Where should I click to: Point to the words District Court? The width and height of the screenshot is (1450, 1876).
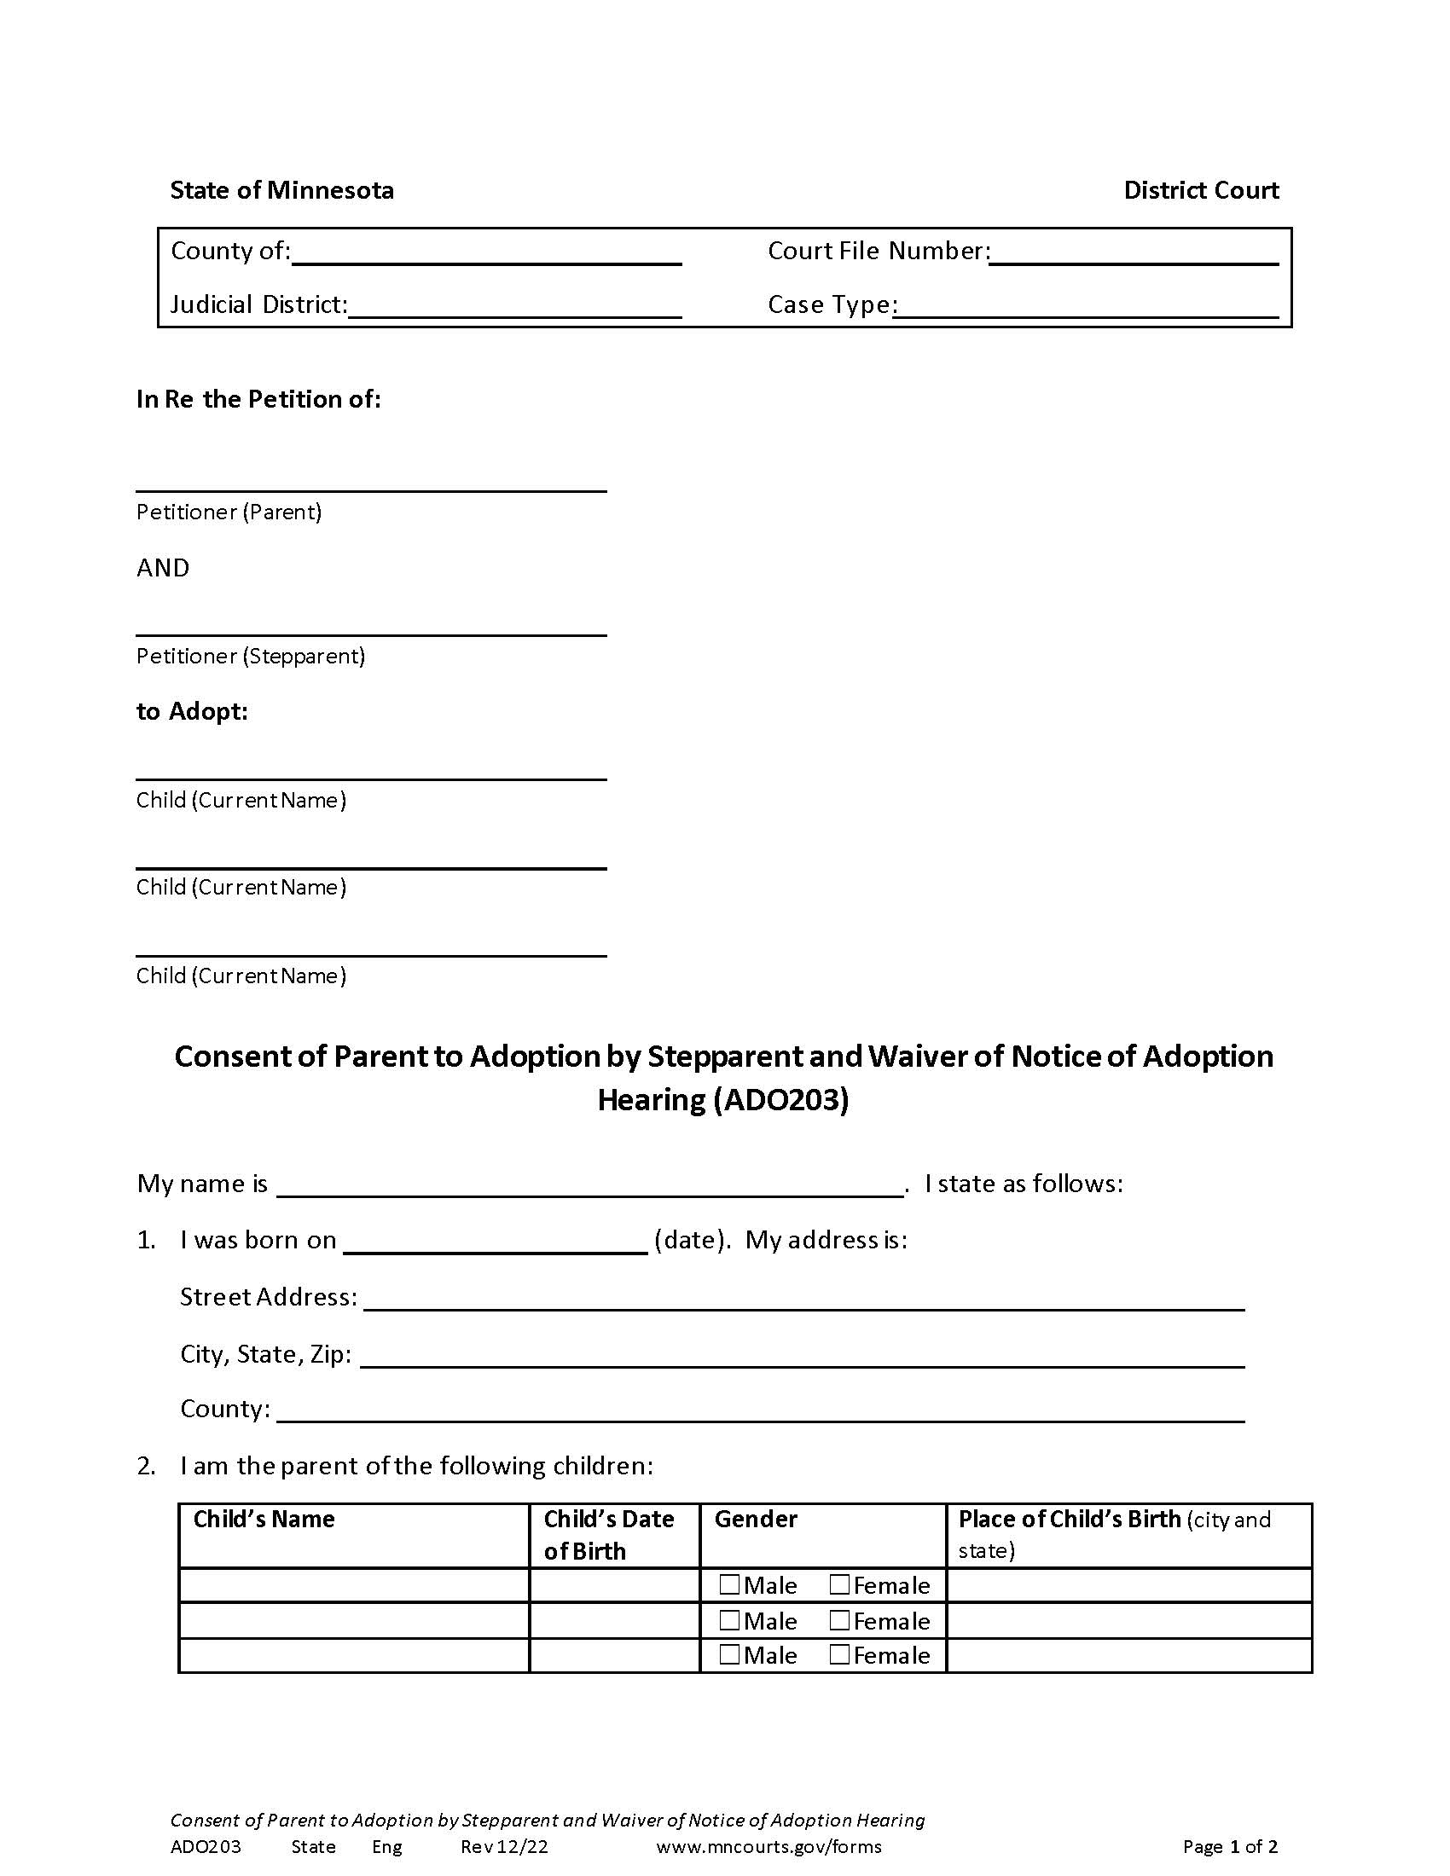tap(1200, 190)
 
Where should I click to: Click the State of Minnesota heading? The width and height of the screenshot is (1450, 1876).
tap(281, 190)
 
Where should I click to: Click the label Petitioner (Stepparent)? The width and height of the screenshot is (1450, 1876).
tap(250, 657)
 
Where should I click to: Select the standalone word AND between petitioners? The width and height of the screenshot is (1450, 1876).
tap(162, 568)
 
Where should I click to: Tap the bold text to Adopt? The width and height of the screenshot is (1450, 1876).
tap(192, 711)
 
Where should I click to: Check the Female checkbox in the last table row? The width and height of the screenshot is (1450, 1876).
tap(839, 1653)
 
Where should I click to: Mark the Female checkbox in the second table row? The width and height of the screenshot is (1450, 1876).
tap(839, 1619)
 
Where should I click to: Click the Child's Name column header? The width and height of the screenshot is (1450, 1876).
tap(264, 1519)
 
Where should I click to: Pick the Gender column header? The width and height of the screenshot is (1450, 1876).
tap(755, 1519)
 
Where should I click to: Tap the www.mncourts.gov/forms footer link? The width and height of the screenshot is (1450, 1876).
tap(768, 1846)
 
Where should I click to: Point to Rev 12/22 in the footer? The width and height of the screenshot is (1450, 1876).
tap(503, 1846)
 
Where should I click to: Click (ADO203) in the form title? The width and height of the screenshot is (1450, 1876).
tap(780, 1100)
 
